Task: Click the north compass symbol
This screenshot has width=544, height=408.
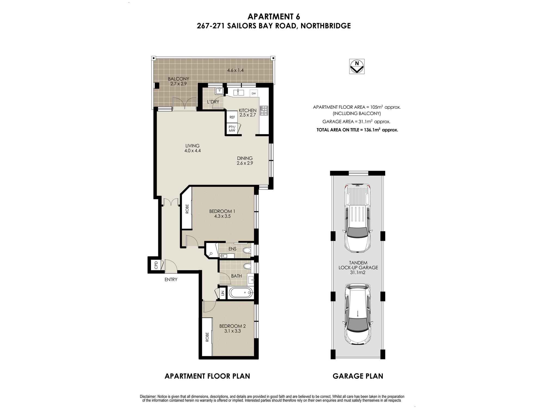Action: (357, 66)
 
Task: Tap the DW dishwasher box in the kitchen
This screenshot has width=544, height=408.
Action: (254, 94)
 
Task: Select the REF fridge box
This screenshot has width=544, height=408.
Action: (232, 117)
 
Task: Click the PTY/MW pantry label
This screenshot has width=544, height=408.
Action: (232, 129)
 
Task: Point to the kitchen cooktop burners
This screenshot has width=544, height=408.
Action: (264, 110)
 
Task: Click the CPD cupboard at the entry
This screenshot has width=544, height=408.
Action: (156, 265)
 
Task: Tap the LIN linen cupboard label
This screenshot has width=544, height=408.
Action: (222, 293)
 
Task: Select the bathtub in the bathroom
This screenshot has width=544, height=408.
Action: (241, 293)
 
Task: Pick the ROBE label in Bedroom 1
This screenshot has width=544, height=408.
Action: (187, 209)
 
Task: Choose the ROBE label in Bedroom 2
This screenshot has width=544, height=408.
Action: (207, 337)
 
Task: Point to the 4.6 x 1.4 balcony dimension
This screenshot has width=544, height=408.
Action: (235, 70)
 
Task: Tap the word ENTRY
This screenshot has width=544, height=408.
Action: (171, 279)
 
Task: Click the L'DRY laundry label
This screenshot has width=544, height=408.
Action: (213, 102)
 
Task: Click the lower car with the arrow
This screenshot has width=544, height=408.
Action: (357, 314)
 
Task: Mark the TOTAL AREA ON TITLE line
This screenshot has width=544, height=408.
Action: (357, 130)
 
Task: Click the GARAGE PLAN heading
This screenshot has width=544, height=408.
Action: (358, 376)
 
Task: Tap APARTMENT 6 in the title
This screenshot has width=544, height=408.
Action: (274, 17)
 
